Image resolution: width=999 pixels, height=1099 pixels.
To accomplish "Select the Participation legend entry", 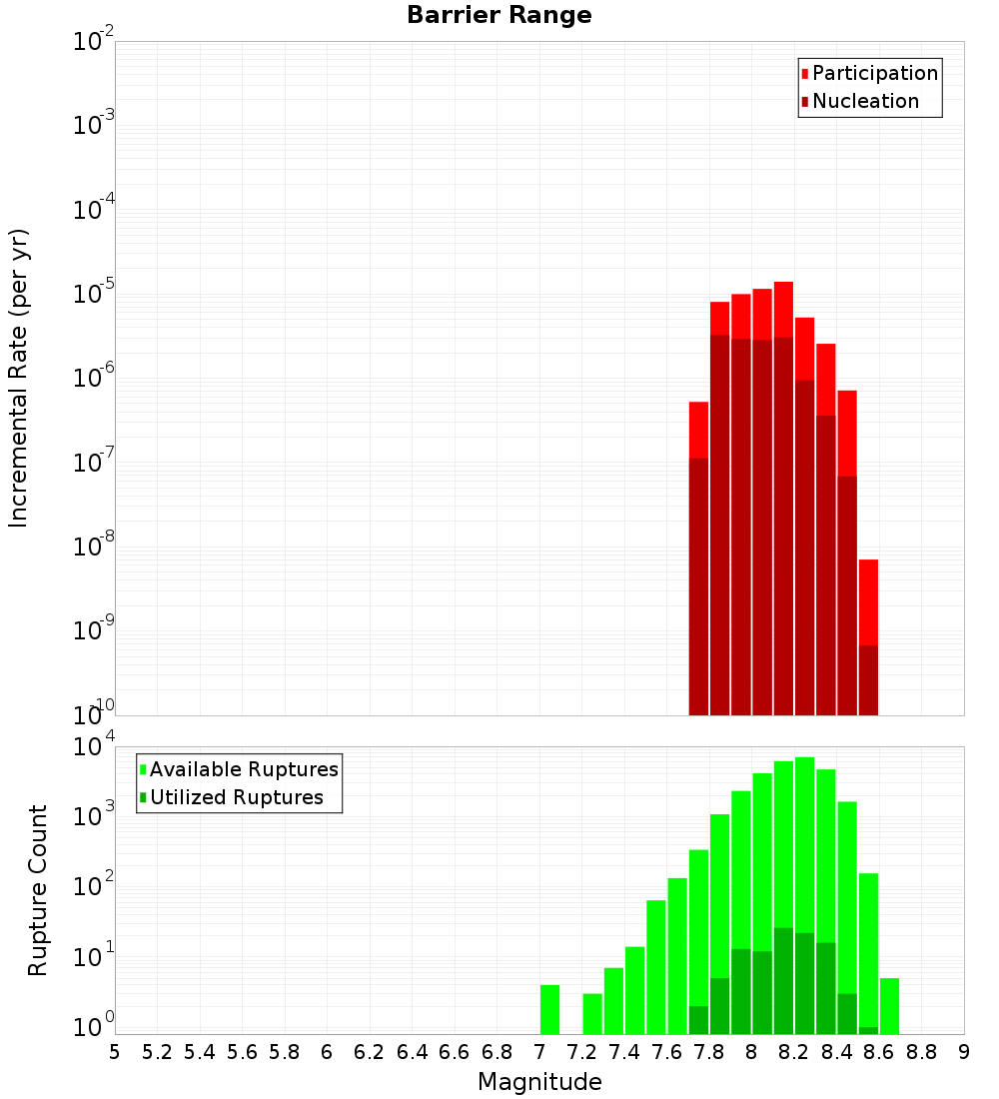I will pos(874,73).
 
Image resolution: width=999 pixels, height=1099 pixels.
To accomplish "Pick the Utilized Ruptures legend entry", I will pos(236,797).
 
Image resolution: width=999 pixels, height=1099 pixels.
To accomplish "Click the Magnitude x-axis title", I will pos(539,1082).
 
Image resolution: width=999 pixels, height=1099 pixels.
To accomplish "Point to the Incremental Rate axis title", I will pos(19,379).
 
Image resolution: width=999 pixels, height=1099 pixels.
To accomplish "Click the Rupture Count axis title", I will pos(38,890).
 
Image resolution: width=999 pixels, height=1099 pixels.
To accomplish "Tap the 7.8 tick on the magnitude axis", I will pos(709,1052).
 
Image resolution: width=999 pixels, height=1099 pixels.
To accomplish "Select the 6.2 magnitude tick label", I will pos(370,1052).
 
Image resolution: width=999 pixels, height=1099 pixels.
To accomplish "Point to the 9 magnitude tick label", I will pos(964,1052).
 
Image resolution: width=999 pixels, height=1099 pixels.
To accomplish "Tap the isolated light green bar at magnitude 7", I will pos(549,1009).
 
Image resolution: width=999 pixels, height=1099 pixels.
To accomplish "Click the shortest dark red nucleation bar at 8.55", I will pos(868,679).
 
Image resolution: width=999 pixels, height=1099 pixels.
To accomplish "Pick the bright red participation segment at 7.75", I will pos(698,430).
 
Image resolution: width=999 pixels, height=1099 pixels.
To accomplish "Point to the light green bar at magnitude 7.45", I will pos(634,989).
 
